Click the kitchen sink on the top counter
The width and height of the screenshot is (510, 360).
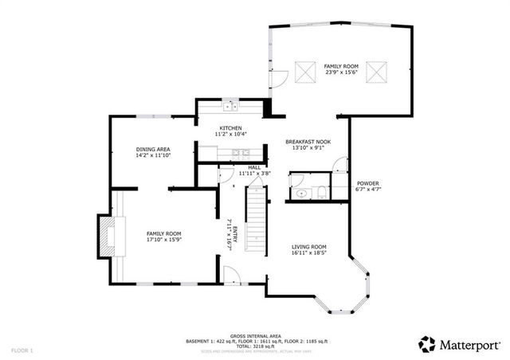[230, 107]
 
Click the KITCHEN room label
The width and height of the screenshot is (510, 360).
[231, 128]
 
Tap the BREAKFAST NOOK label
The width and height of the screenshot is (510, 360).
[308, 142]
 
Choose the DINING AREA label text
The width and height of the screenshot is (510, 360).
[152, 149]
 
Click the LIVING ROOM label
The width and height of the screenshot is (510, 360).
[308, 247]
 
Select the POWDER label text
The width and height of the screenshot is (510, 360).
[367, 183]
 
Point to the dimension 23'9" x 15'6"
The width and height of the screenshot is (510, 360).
[340, 72]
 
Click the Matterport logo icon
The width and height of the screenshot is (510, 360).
[427, 344]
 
